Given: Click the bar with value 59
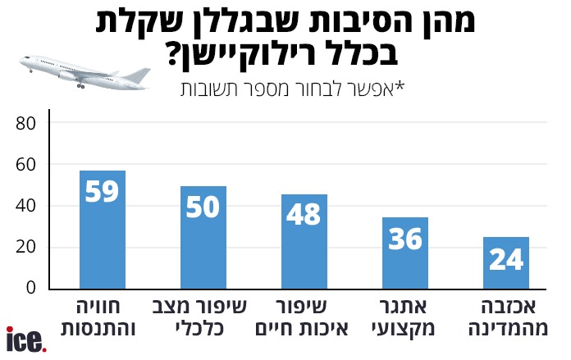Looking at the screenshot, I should (x=102, y=230).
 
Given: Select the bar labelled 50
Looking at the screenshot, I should (x=203, y=237).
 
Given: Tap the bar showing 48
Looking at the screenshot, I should (x=304, y=241).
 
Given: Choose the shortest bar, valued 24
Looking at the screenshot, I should (x=506, y=262).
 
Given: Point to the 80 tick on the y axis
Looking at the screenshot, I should (x=28, y=124).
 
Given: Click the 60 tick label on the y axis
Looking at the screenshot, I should (x=28, y=165).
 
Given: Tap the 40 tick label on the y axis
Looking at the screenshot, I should (x=28, y=207).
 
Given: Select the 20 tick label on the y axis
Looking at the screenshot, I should (x=28, y=248).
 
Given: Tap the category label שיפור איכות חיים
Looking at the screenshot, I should (x=304, y=319).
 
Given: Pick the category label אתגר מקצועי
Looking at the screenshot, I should (x=405, y=319).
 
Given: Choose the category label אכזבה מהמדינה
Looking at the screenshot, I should (x=506, y=319).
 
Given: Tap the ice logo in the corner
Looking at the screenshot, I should (x=25, y=340).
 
